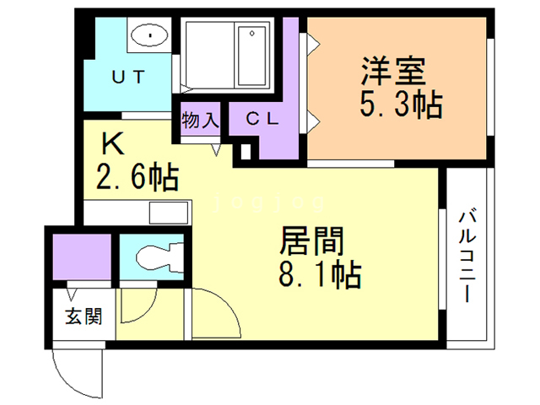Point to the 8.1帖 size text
[x=321, y=274]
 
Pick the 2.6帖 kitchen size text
[x=135, y=177]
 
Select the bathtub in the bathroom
[x=252, y=55]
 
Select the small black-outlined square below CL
[x=246, y=154]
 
